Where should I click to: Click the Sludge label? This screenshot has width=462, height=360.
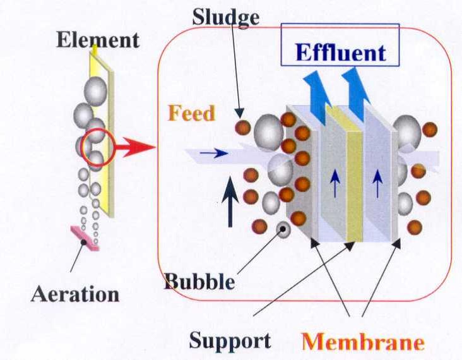pyautogui.click(x=225, y=17)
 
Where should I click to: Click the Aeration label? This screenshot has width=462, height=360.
pyautogui.click(x=75, y=294)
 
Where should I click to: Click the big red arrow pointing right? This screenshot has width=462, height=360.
pyautogui.click(x=135, y=148)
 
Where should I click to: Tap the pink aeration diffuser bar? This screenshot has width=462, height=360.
pyautogui.click(x=85, y=238)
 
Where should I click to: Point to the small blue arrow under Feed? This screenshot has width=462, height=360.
pyautogui.click(x=215, y=153)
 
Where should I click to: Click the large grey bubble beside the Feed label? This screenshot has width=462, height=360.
pyautogui.click(x=269, y=131)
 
